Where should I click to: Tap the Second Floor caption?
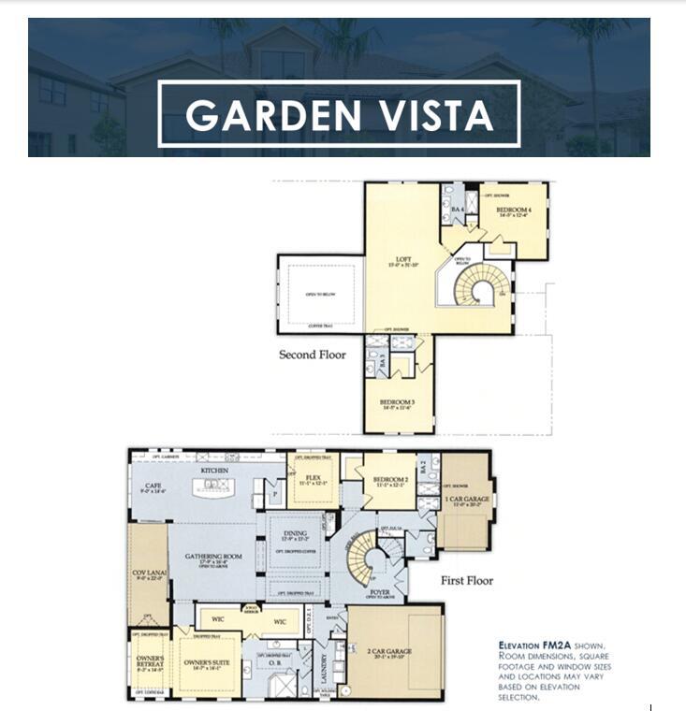click(312, 355)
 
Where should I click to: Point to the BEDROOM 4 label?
click(513, 210)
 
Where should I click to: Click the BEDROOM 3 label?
click(399, 405)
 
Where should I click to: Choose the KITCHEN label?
click(214, 470)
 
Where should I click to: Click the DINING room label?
click(295, 534)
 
